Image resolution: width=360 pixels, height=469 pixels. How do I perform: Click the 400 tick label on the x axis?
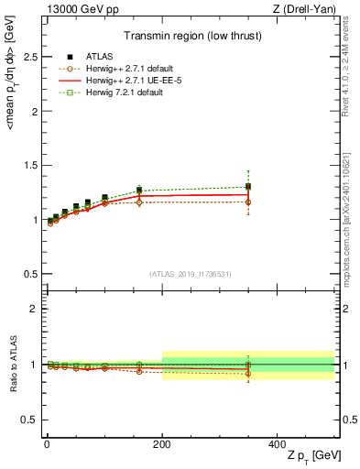tap(277, 443)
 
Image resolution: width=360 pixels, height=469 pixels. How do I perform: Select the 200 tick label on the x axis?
tap(161, 443)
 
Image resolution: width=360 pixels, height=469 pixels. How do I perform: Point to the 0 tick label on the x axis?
tap(47, 443)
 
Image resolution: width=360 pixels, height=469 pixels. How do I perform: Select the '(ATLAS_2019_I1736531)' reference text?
tap(190, 274)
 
